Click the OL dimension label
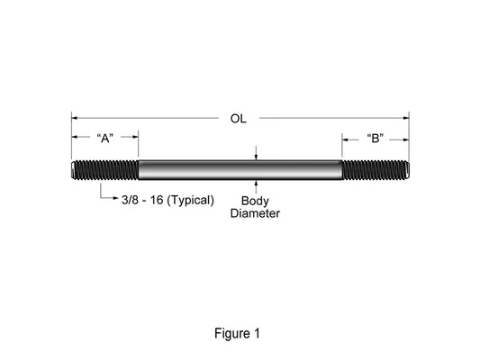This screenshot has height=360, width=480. (x=238, y=119)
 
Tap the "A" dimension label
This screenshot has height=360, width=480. (x=105, y=139)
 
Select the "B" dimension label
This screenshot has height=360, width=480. (x=376, y=139)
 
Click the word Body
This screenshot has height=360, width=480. (x=255, y=201)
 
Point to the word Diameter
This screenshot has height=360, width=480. (x=255, y=213)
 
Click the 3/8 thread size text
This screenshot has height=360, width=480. (x=130, y=200)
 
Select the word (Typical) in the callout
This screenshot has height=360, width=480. (x=191, y=201)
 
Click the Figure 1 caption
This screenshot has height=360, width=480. (x=237, y=333)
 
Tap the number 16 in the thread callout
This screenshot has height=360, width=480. (x=157, y=200)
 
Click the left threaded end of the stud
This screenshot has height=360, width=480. (x=105, y=170)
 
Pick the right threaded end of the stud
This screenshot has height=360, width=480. (x=376, y=170)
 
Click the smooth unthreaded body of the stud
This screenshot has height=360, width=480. (x=240, y=170)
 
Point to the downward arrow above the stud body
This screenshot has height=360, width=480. (x=256, y=153)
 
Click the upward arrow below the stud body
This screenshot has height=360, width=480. (x=256, y=186)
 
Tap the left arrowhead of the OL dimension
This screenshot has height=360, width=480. (x=75, y=118)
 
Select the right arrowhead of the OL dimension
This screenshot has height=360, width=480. (x=406, y=118)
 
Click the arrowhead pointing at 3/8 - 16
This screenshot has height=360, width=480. (x=116, y=198)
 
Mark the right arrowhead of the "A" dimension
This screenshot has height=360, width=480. (x=135, y=137)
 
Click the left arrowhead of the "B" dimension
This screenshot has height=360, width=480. (x=345, y=139)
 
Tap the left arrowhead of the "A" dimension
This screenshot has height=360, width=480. (x=75, y=137)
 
